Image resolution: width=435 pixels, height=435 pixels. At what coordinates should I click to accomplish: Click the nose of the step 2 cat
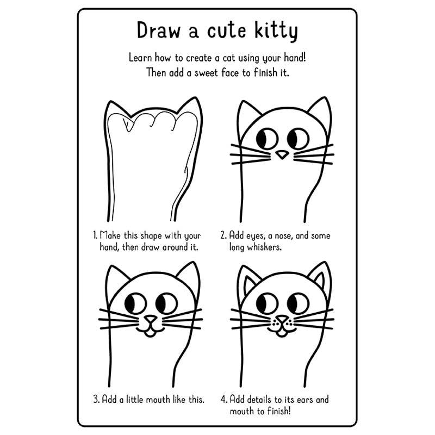click(x=282, y=156)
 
